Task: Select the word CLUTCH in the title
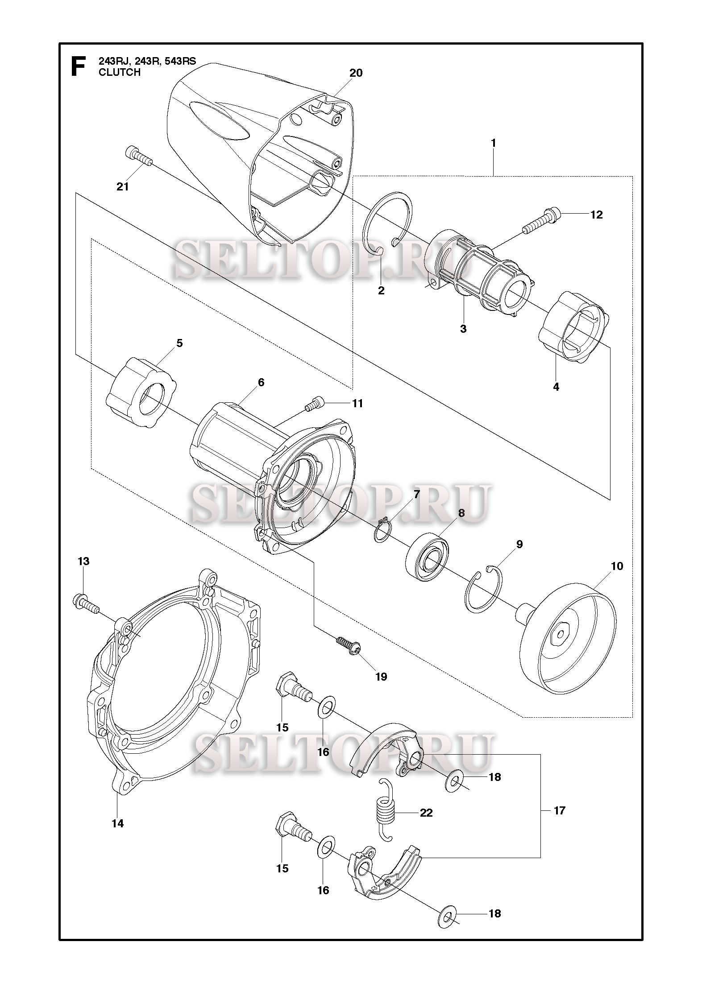click(120, 72)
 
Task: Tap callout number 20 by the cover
click(356, 73)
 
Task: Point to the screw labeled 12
click(543, 222)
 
